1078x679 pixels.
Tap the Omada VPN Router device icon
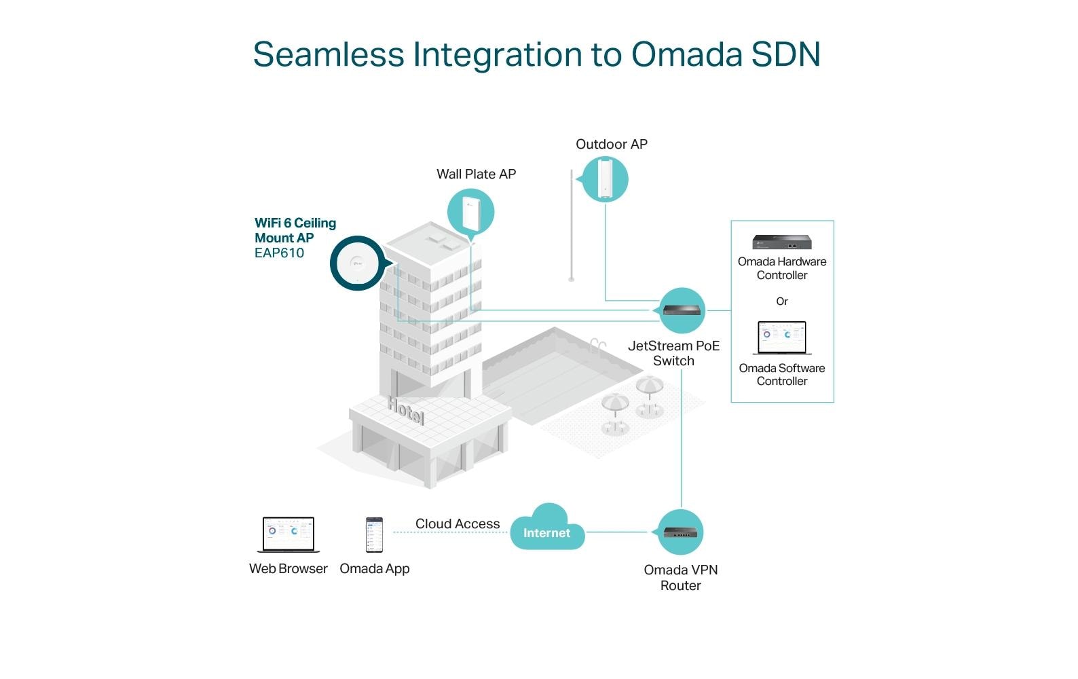point(680,532)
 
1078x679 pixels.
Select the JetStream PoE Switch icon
point(682,310)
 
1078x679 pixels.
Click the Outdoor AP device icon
point(604,179)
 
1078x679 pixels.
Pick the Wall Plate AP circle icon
point(470,213)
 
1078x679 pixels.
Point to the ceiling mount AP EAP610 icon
point(357,263)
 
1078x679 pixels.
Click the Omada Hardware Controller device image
point(782,242)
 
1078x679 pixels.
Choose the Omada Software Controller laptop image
point(782,338)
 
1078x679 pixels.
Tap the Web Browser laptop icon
point(289,535)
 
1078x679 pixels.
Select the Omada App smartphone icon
point(374,535)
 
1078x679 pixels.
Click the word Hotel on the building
point(406,409)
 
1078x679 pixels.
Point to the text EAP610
point(279,253)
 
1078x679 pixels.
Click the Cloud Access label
point(458,524)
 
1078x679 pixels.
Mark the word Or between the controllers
point(782,301)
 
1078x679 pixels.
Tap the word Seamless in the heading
point(329,54)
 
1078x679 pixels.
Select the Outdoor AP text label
point(612,144)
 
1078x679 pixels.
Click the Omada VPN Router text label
point(681,577)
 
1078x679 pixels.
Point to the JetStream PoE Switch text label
point(673,353)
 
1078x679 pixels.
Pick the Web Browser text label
point(289,569)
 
